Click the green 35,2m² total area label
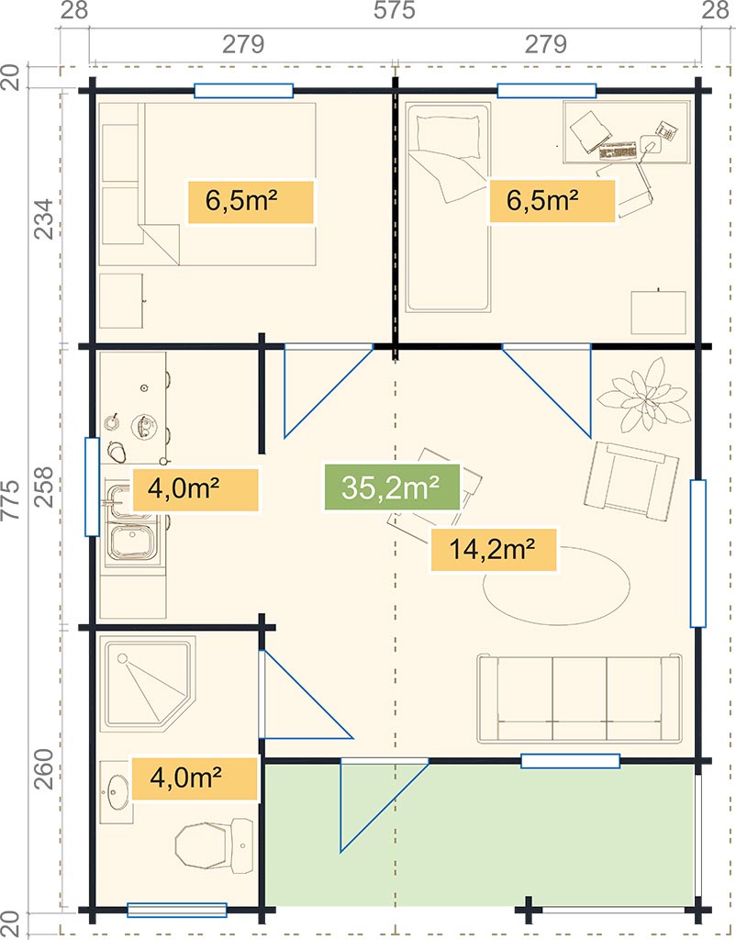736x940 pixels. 392,487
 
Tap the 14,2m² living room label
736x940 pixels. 493,549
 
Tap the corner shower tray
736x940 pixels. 148,684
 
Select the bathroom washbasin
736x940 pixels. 117,792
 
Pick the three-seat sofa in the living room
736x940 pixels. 580,699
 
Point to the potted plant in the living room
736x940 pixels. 644,395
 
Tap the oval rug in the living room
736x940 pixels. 557,586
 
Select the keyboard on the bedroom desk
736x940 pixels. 618,151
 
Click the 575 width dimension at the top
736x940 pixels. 394,10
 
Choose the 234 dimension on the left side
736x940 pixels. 43,219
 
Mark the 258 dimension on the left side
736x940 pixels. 43,487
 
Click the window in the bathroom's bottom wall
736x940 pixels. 177,910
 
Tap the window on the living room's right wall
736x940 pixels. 697,554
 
